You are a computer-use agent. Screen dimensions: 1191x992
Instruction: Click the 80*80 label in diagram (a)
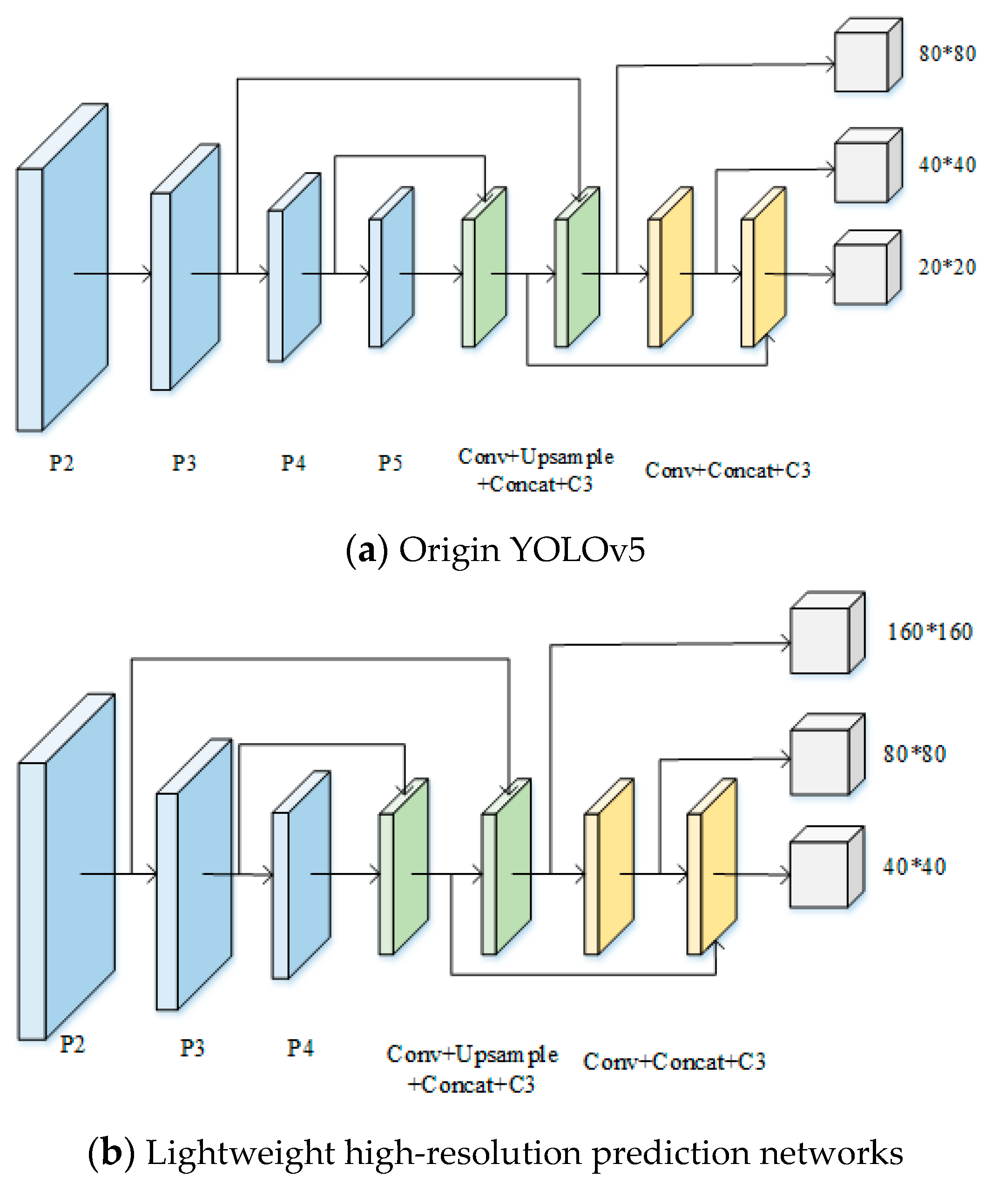click(x=947, y=54)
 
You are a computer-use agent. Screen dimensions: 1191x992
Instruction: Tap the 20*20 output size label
click(x=947, y=267)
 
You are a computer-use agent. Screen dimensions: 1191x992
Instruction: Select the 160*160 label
click(x=929, y=632)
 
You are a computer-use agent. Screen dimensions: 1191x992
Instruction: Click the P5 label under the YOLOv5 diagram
click(x=390, y=463)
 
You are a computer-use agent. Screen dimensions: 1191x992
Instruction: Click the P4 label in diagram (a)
click(x=293, y=463)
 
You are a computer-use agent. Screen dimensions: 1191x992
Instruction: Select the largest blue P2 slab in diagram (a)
click(x=62, y=267)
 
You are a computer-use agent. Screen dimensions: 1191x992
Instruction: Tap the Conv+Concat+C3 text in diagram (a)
click(x=728, y=470)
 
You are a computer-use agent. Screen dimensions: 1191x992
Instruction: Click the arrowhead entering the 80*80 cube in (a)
click(x=831, y=64)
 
